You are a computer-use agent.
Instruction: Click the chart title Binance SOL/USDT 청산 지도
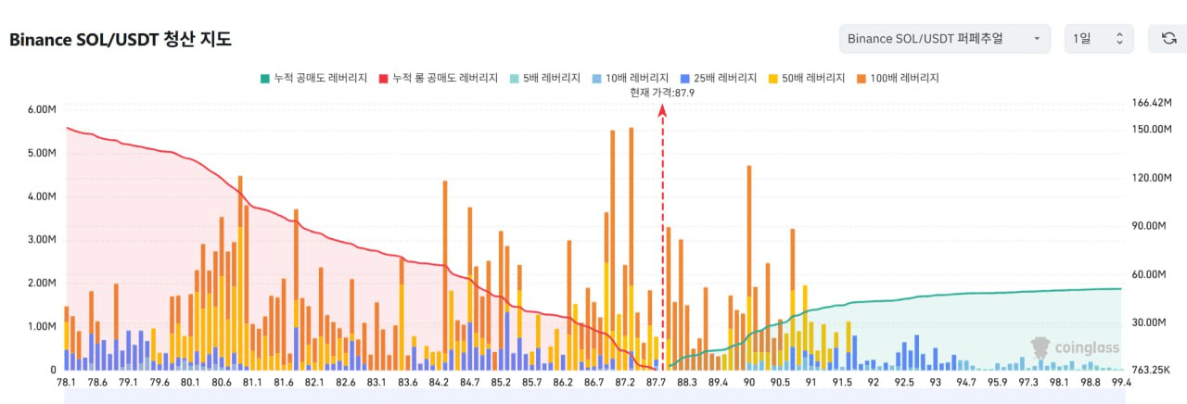point(121,39)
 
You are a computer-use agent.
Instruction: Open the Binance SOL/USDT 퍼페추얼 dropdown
point(944,39)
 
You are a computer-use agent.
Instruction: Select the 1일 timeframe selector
point(1098,39)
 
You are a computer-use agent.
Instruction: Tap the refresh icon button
point(1168,39)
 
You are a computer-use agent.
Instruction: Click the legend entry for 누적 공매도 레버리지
point(314,78)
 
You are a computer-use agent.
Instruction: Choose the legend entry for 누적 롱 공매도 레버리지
point(439,78)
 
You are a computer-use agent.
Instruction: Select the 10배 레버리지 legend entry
point(631,78)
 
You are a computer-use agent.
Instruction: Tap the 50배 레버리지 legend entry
point(807,78)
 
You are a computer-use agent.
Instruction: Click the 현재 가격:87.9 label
point(662,93)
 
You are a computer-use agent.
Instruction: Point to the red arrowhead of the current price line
point(662,109)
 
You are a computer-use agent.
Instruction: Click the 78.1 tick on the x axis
point(67,382)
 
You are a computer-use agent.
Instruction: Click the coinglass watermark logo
point(1076,347)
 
